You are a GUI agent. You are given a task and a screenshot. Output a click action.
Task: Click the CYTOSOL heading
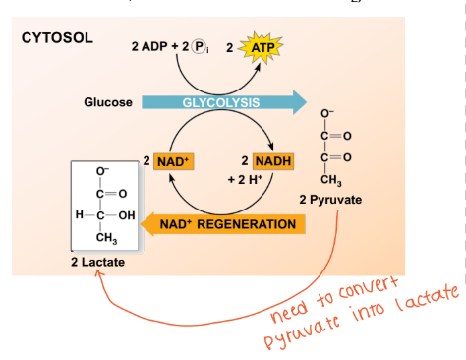[x=58, y=38]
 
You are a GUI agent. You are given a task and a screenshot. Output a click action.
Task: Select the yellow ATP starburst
[x=262, y=47]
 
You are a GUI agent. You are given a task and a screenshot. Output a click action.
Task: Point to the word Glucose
[x=108, y=103]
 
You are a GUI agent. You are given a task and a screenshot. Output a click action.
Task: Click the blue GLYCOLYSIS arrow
[x=222, y=103]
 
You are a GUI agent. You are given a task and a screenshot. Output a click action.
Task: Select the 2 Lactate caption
[x=97, y=263]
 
